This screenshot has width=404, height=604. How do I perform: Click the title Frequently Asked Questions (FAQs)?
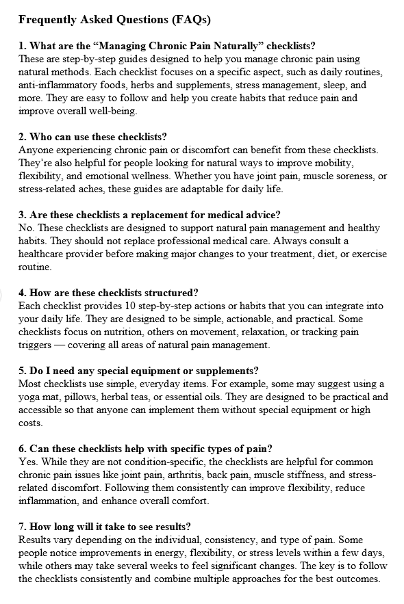114,19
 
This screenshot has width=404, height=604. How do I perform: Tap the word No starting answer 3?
25,228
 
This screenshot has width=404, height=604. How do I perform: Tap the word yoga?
30,397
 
